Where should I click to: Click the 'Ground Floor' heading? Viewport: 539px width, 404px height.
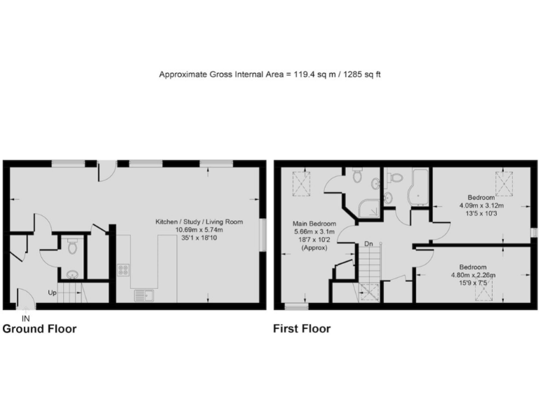(40, 328)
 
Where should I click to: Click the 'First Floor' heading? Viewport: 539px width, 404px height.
(302, 328)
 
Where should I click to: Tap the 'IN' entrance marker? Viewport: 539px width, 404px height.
(27, 318)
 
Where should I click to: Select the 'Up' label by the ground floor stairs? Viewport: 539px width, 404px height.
(53, 292)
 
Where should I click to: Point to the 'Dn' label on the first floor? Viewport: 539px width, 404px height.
(368, 243)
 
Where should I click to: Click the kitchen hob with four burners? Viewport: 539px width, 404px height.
(124, 269)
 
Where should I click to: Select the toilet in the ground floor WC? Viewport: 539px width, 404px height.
(71, 245)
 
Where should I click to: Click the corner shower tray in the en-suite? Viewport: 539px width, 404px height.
(365, 204)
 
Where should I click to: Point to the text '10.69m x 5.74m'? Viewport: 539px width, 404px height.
(199, 229)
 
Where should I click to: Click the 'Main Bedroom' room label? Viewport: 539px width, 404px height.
(313, 224)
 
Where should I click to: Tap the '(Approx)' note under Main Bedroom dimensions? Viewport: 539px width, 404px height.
(313, 248)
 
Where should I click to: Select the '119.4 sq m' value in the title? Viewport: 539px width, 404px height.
(314, 74)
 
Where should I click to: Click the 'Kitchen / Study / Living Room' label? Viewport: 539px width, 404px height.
(199, 222)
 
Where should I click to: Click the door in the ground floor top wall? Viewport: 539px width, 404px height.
(106, 170)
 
